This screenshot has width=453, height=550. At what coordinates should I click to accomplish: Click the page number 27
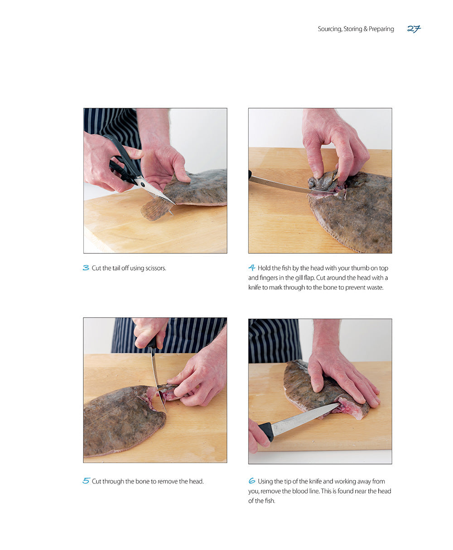(414, 29)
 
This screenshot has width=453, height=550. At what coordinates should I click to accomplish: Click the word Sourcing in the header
(329, 29)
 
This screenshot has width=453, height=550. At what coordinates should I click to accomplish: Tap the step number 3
(86, 268)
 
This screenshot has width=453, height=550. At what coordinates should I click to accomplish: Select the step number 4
(252, 268)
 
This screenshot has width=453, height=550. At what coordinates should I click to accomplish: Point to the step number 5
(86, 481)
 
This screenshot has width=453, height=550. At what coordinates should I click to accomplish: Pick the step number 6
(252, 481)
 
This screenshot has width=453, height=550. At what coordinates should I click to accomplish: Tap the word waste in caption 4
(374, 287)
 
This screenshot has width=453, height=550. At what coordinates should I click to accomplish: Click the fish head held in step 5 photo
(169, 392)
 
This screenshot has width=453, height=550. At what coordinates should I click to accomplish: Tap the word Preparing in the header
(381, 29)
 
